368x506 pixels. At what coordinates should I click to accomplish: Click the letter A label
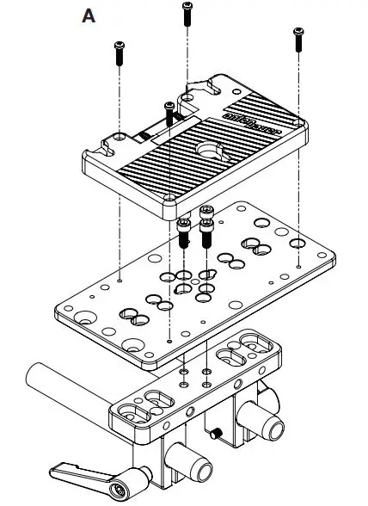pyautogui.click(x=87, y=15)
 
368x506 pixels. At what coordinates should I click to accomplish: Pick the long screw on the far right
pyautogui.click(x=298, y=40)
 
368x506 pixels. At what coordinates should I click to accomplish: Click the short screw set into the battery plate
pyautogui.click(x=169, y=111)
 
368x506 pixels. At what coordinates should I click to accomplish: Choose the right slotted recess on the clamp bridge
pyautogui.click(x=234, y=353)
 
